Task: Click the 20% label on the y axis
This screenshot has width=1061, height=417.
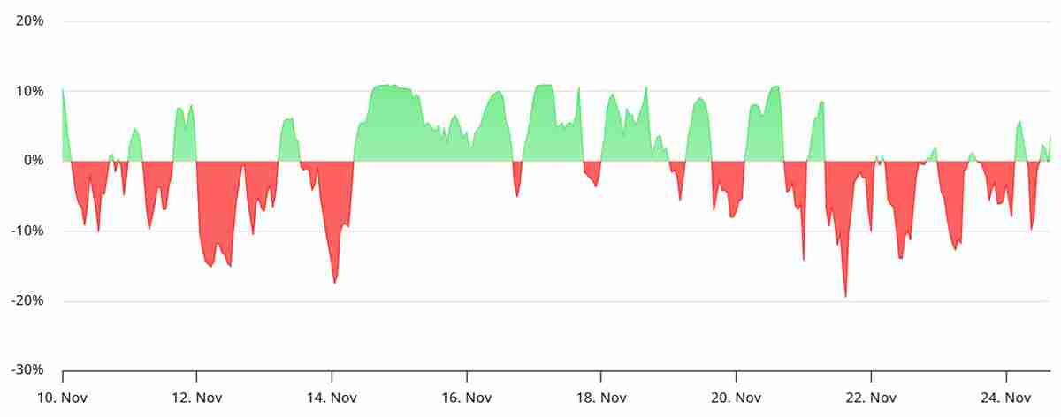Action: (30, 20)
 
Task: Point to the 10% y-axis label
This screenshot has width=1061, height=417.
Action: (30, 90)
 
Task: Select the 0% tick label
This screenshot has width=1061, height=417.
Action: (34, 160)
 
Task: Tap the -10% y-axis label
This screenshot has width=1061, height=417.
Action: (28, 231)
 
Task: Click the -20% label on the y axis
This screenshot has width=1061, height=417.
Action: (28, 300)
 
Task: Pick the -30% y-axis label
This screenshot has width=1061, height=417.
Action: (28, 370)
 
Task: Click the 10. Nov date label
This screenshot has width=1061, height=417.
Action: (62, 398)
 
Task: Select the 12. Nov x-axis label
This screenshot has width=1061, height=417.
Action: (196, 398)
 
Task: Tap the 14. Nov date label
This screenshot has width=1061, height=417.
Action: (332, 398)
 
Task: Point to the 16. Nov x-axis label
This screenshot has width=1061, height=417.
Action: (466, 398)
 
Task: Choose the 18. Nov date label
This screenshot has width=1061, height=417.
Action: (601, 398)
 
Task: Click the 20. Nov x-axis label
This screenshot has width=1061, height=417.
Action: (736, 398)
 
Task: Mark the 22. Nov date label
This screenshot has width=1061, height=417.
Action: (871, 398)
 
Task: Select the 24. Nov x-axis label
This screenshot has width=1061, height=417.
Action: (1006, 398)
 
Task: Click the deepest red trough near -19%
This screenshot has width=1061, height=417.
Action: (845, 295)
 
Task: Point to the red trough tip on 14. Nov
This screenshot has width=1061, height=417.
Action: (335, 282)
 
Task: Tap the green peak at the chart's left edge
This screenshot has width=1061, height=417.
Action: (63, 90)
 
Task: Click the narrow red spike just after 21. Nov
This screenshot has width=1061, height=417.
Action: (804, 258)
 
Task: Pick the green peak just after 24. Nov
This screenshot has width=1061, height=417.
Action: (1019, 122)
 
